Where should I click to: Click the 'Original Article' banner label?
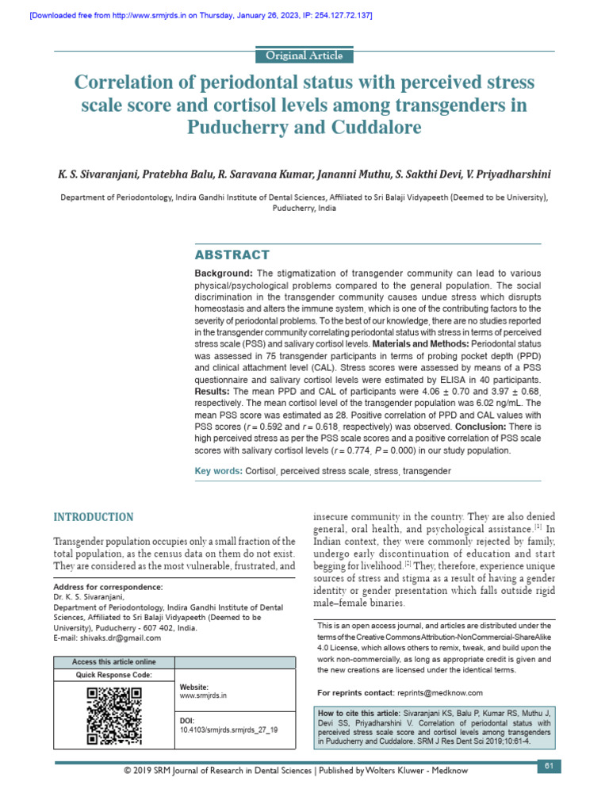click(x=304, y=56)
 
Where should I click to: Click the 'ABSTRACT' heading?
click(x=232, y=255)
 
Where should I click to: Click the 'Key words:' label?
click(x=219, y=471)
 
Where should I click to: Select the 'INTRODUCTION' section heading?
click(x=94, y=517)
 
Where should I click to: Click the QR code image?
click(x=113, y=716)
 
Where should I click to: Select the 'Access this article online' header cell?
click(x=113, y=662)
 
